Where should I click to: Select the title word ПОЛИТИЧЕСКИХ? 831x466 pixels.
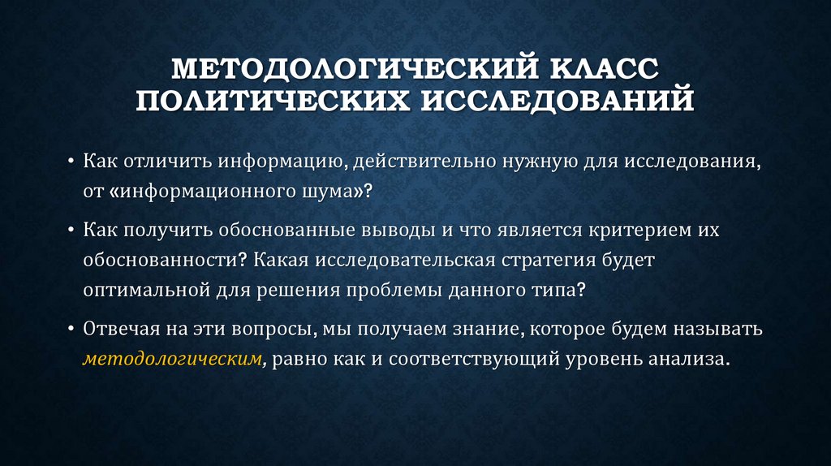(x=268, y=101)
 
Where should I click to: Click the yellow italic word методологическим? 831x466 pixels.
(x=171, y=359)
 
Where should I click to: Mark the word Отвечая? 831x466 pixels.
(x=118, y=329)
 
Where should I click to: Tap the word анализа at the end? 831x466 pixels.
(x=691, y=359)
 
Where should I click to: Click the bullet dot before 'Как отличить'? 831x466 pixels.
(x=71, y=161)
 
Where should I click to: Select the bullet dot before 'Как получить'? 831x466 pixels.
(x=71, y=231)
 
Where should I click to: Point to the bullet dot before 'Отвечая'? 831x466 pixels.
(x=71, y=330)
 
